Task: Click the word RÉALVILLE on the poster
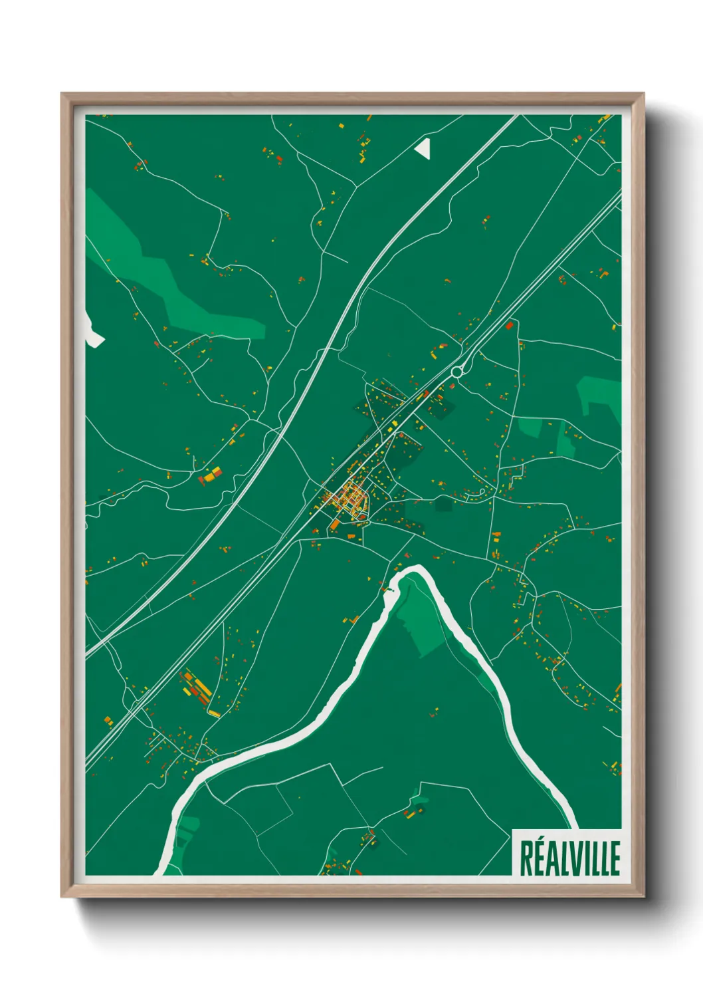point(569,858)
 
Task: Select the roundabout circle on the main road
point(456,372)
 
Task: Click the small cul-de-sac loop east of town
point(481,493)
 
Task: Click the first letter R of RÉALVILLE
point(526,858)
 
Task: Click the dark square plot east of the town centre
point(443,503)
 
